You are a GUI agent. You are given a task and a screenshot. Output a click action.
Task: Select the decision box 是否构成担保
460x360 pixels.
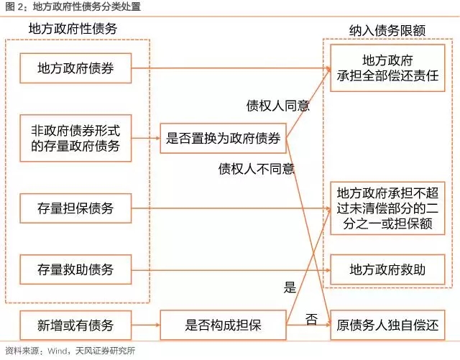pyautogui.click(x=223, y=326)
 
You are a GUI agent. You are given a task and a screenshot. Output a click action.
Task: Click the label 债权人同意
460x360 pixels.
pyautogui.click(x=278, y=106)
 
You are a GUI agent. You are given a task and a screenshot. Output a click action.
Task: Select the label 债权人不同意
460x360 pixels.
pyautogui.click(x=257, y=169)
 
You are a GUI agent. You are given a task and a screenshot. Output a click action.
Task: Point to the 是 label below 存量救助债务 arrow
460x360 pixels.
pyautogui.click(x=290, y=288)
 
